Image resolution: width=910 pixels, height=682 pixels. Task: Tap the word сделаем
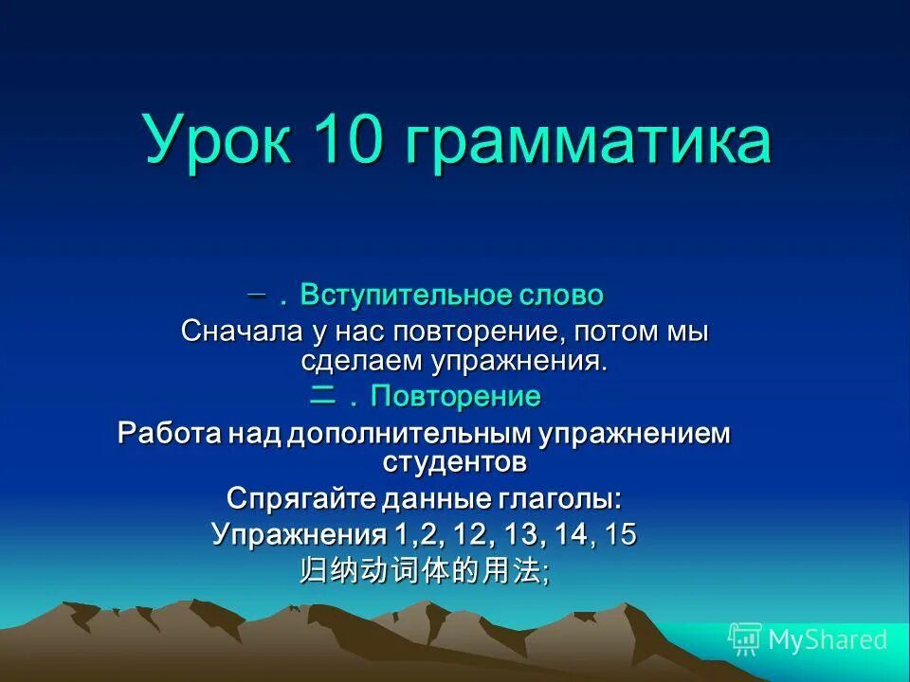(x=362, y=360)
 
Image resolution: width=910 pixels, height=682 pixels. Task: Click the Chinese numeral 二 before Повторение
(x=322, y=396)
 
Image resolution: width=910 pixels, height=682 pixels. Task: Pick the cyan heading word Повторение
(x=455, y=396)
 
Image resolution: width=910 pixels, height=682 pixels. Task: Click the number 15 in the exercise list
(x=621, y=534)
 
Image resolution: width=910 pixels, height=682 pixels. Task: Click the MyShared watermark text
(x=828, y=639)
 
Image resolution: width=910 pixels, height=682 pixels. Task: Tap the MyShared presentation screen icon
(x=745, y=639)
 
